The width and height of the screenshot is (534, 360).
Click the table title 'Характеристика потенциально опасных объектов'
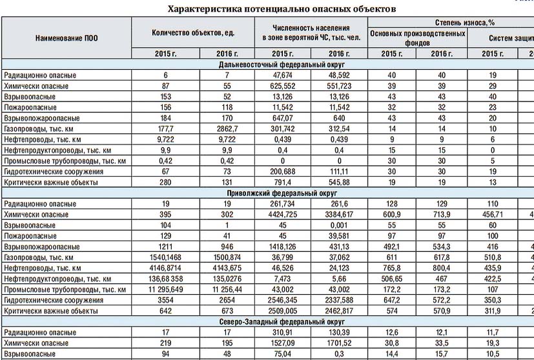(282, 9)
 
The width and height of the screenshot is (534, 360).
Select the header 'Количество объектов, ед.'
(193, 33)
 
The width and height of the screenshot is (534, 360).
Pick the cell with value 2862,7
(230, 129)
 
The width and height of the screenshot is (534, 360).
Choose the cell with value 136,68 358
(156, 278)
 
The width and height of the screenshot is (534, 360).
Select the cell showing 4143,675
(230, 268)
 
